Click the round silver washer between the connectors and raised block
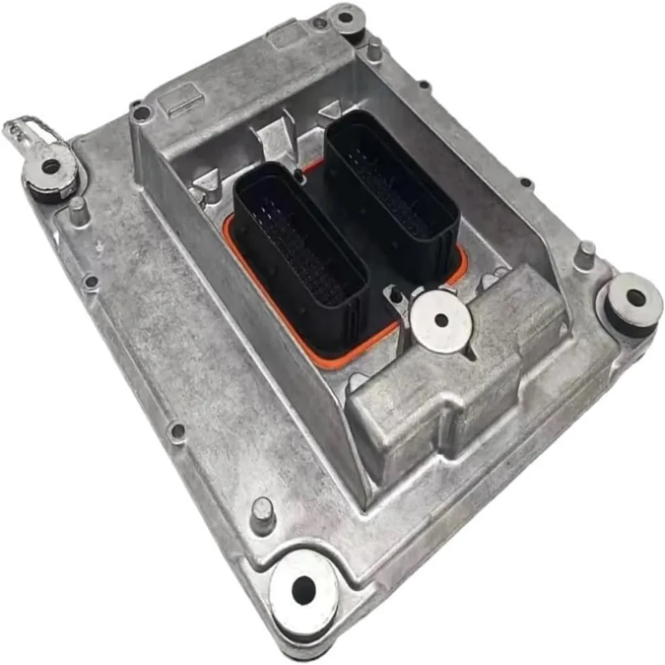[x=441, y=321]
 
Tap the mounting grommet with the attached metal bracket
[x=51, y=168]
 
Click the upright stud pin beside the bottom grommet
[x=263, y=514]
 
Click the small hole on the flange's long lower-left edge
[x=177, y=432]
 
